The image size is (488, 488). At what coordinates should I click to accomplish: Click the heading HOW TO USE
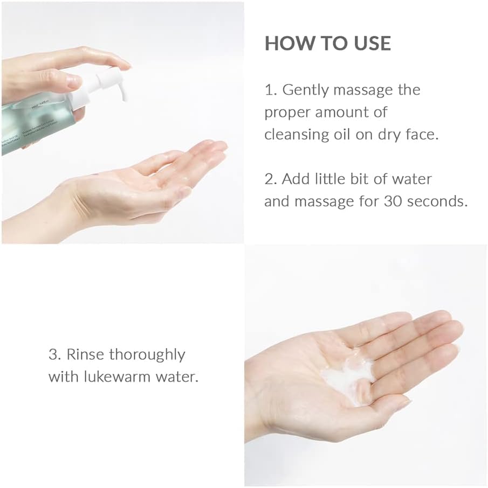(327, 44)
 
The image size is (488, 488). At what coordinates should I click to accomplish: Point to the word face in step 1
(421, 134)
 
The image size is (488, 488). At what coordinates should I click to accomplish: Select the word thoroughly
(147, 355)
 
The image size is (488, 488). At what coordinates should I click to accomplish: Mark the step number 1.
(270, 90)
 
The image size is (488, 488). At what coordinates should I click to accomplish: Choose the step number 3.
(53, 354)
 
